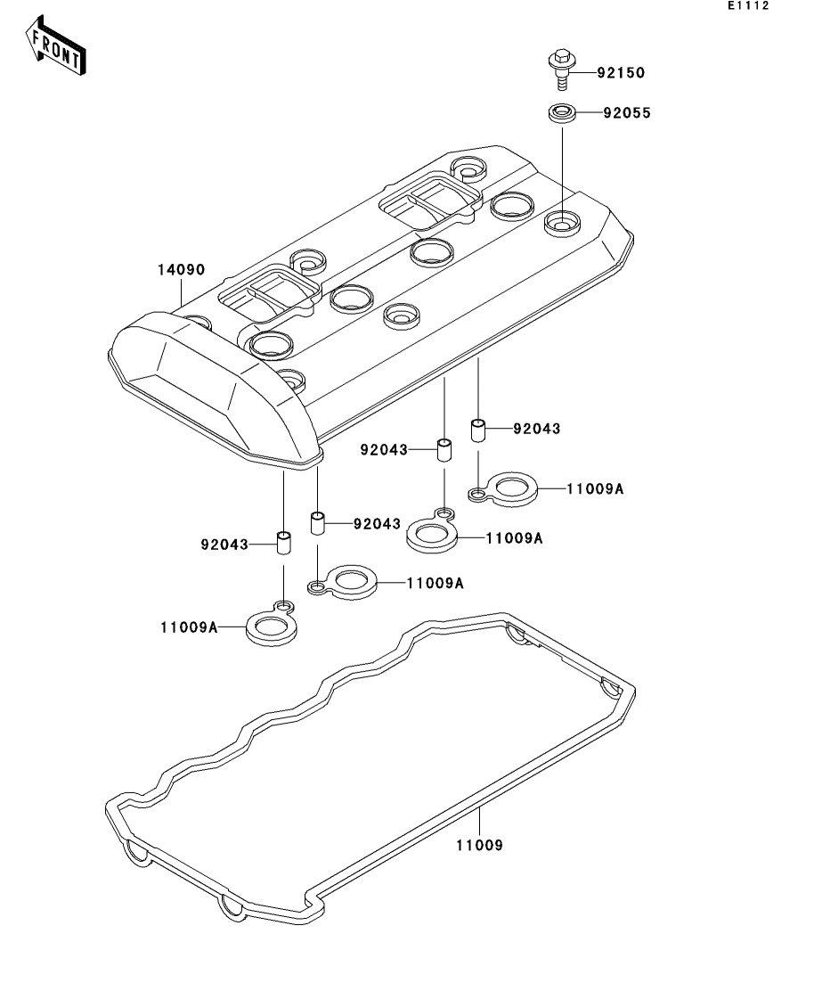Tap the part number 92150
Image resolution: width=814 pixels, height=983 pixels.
(x=620, y=73)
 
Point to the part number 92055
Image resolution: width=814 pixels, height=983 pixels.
(x=621, y=113)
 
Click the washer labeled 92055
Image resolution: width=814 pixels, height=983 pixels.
(x=561, y=114)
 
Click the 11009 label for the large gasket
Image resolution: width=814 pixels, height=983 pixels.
(x=481, y=845)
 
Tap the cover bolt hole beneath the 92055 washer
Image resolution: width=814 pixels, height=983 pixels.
(x=561, y=220)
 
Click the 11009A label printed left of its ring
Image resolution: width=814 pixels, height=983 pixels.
(x=189, y=627)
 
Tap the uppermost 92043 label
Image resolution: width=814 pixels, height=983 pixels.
(x=536, y=429)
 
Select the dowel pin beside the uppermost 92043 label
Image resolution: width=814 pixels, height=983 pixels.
(x=477, y=430)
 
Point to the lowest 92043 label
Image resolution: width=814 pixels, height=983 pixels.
(x=224, y=543)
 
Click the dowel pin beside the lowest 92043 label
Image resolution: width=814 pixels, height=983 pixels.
(x=283, y=544)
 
